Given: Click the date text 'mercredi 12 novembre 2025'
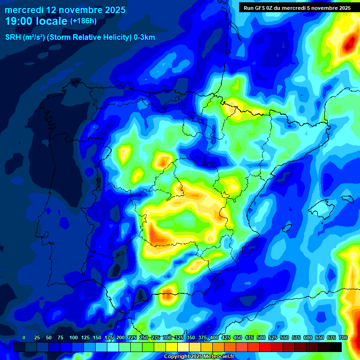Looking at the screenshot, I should coord(65,10).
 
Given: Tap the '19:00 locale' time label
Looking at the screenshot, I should coord(36,22).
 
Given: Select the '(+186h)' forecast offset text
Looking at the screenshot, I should coord(83,21).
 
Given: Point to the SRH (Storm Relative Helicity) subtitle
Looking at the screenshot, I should coord(80,37).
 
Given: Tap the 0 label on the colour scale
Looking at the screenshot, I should coord(24,337).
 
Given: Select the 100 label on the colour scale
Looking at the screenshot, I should coord(74,337).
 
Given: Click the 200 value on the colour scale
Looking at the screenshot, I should coord(120,337).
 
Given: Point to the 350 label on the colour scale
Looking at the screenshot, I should coord(191,337).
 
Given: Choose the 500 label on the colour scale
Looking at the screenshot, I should coord(261,337).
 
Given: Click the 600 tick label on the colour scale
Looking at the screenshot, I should coord(308,337).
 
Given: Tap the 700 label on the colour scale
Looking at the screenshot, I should coord(343,337).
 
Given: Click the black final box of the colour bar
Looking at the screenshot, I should coord(336,347).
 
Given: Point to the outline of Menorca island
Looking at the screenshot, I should coord(347,199).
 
